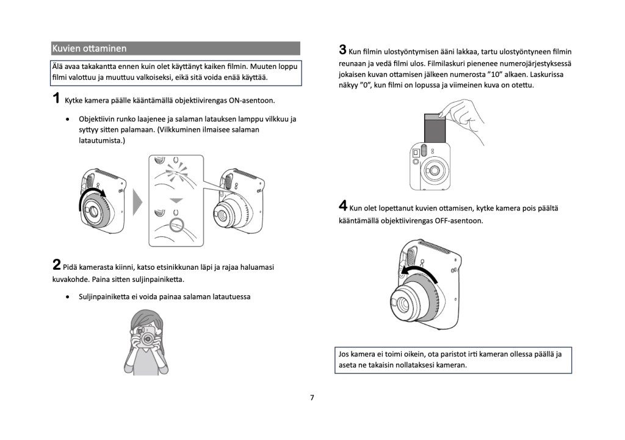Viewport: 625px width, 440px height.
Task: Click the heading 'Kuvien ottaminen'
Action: coord(89,49)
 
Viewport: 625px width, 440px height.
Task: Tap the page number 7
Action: coord(312,398)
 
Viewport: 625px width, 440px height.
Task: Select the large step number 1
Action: coord(56,98)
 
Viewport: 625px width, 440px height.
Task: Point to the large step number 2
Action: coord(57,265)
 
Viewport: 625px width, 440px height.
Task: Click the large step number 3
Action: coord(343,50)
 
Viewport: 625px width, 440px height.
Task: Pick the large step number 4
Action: coord(343,206)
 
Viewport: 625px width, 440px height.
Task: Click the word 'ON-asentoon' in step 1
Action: coord(252,101)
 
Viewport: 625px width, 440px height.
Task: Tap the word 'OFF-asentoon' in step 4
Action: coord(459,221)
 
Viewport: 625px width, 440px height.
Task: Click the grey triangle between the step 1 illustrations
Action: coord(137,203)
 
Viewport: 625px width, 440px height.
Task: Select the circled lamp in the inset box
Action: coord(176,225)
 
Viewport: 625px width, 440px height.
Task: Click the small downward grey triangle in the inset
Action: coord(176,201)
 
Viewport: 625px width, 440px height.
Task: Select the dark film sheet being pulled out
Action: coord(435,128)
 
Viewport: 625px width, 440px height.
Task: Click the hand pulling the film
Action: coord(463,119)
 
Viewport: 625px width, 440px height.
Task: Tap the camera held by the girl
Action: coord(145,336)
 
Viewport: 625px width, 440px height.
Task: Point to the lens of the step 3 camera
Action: coord(433,171)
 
